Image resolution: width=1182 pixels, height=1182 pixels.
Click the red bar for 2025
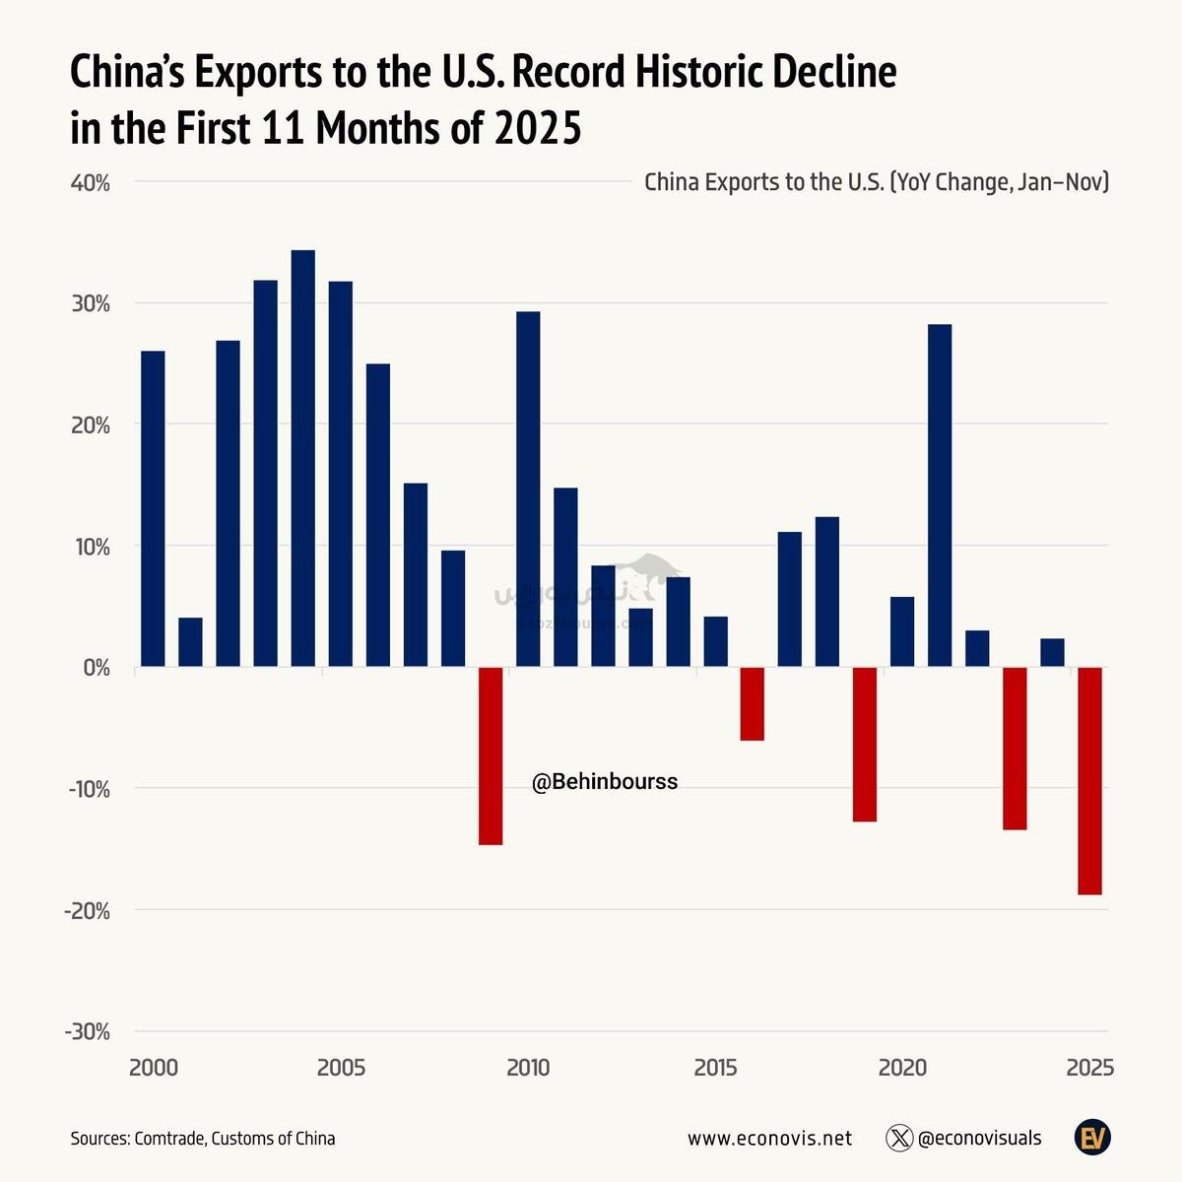(x=1089, y=780)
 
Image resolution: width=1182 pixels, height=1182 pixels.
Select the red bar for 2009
(x=491, y=755)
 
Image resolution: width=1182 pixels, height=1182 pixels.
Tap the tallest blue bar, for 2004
(x=303, y=458)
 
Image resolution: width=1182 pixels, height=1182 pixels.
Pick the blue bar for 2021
(x=940, y=495)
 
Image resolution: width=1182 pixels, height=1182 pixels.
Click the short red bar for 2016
(x=753, y=703)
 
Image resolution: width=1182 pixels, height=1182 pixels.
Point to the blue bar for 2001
(x=190, y=642)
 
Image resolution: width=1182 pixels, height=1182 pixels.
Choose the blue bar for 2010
(x=528, y=490)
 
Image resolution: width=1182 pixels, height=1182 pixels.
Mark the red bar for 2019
(x=865, y=744)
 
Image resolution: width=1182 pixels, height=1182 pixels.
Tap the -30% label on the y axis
(x=87, y=1031)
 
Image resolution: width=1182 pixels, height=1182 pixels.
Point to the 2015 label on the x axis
(x=715, y=1068)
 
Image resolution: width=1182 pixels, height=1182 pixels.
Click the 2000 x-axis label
(x=154, y=1068)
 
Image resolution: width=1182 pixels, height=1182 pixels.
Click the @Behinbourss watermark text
(x=605, y=782)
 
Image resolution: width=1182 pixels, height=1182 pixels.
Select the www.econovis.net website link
(x=769, y=1139)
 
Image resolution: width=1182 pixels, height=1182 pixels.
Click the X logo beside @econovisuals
(x=899, y=1139)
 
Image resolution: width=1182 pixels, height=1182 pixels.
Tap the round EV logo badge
(x=1092, y=1138)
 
